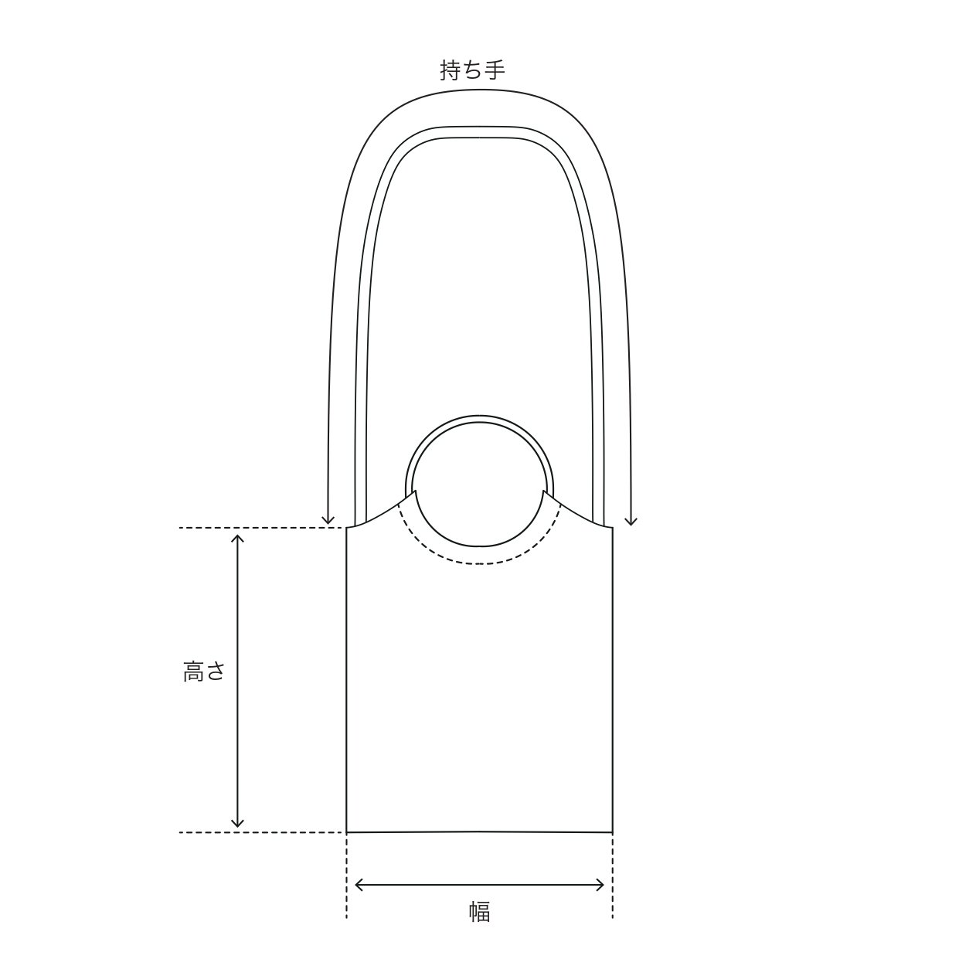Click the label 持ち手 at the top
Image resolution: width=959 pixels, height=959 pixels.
click(472, 70)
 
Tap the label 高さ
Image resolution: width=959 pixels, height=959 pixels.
click(205, 672)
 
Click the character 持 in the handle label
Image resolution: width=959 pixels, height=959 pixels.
click(451, 70)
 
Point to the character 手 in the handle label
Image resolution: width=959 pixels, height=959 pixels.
click(495, 70)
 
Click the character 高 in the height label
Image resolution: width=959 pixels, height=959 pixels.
click(194, 672)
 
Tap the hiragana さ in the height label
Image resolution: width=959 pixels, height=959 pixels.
click(216, 672)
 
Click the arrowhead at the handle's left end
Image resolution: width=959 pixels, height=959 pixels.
click(328, 521)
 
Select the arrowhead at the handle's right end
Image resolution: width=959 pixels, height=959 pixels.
click(631, 521)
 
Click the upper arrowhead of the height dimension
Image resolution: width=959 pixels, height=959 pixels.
click(238, 540)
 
